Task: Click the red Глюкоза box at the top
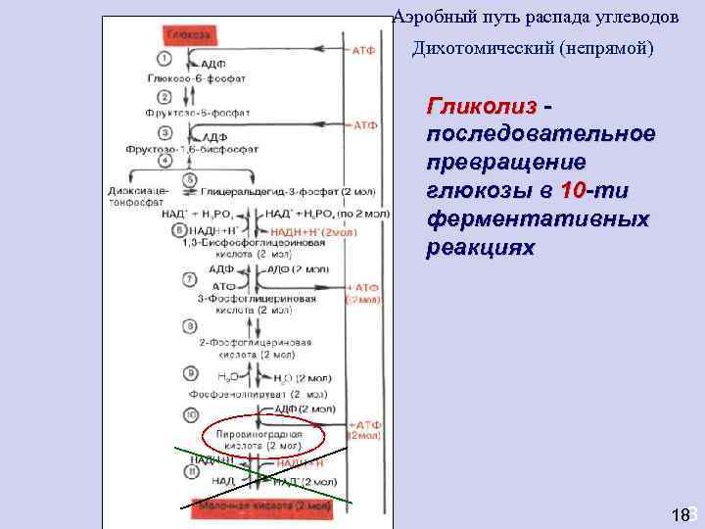[187, 33]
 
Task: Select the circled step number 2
[164, 96]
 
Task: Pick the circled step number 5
[189, 179]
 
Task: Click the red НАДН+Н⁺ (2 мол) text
[308, 233]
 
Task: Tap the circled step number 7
[189, 279]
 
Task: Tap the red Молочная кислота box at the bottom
[263, 506]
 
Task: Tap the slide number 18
[681, 515]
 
